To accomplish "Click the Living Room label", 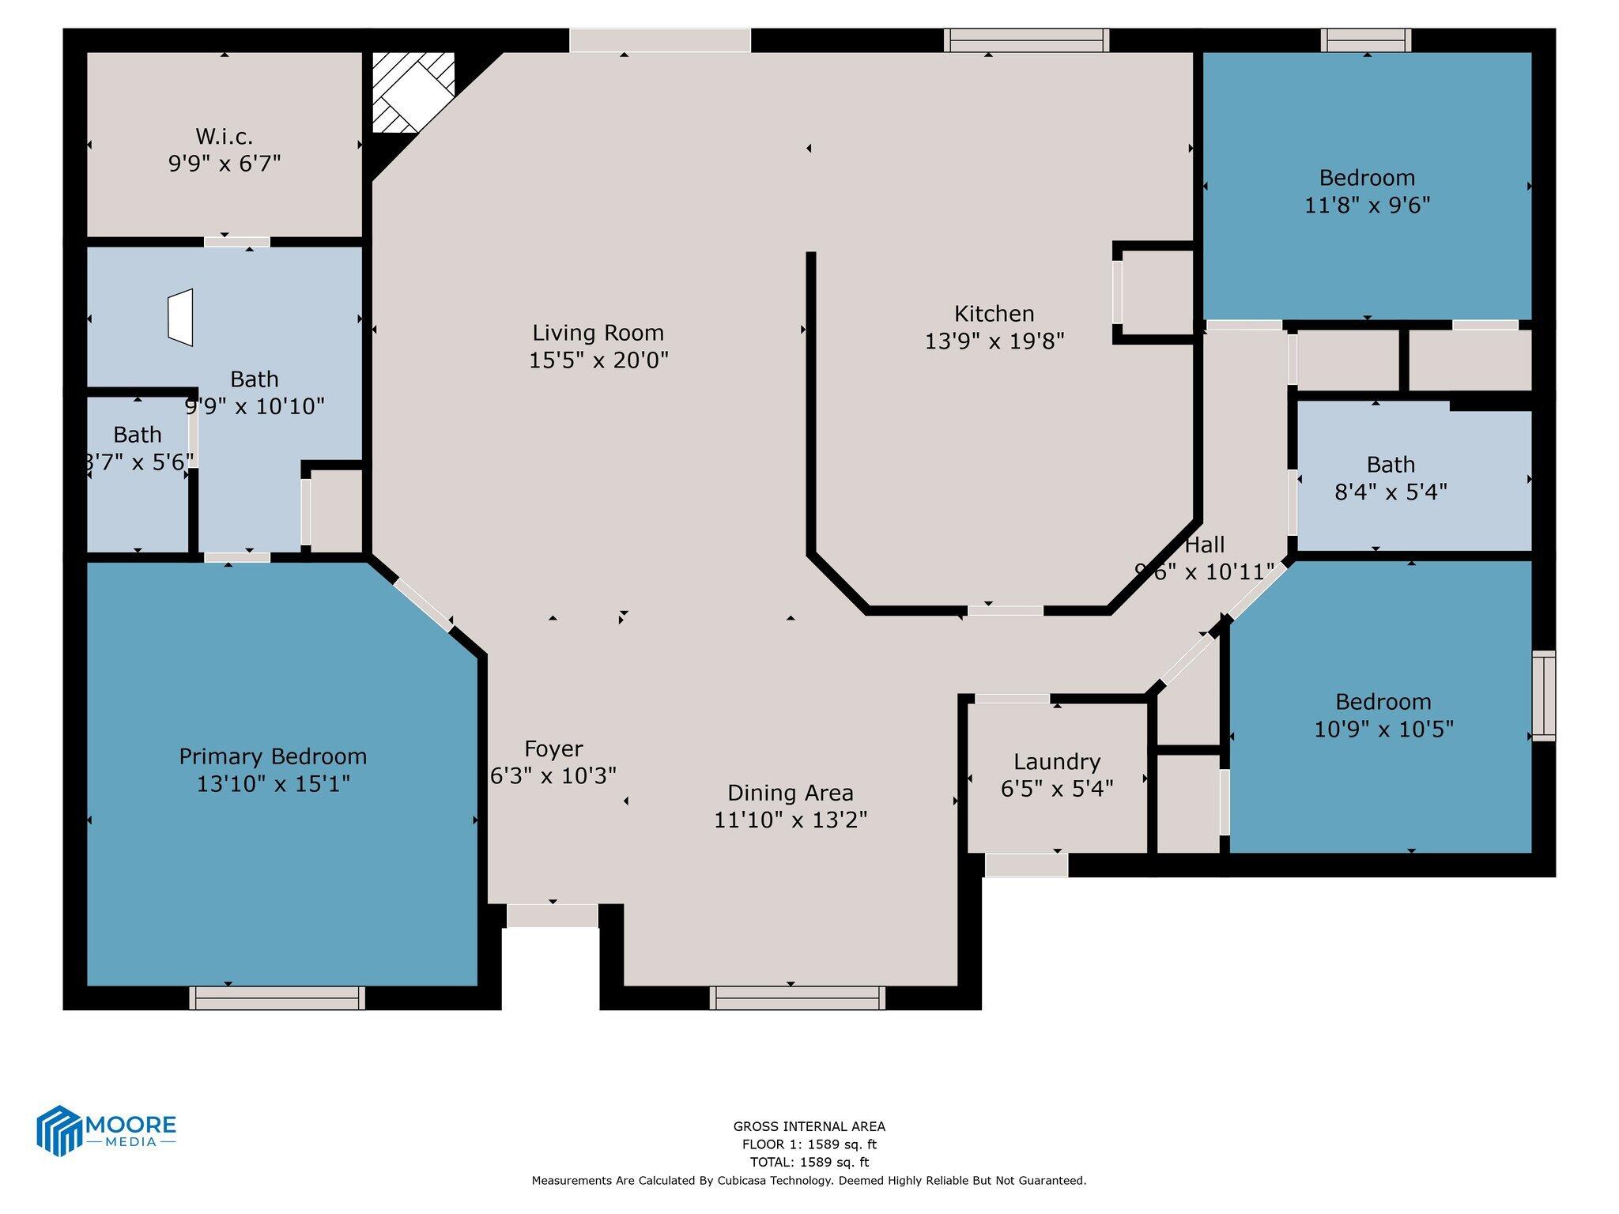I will [x=598, y=333].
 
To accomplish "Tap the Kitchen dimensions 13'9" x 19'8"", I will [x=994, y=341].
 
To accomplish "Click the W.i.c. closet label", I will [x=225, y=137].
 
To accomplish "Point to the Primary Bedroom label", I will [x=273, y=756].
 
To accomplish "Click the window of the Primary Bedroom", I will [x=277, y=997].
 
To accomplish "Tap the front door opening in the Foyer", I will [x=552, y=915].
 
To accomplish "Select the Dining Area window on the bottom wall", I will [x=797, y=997].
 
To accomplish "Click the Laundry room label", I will [x=1057, y=762].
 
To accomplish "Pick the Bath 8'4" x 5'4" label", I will [x=1391, y=465].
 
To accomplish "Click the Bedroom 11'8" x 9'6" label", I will [x=1367, y=178].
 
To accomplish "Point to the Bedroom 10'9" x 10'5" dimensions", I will [x=1383, y=729].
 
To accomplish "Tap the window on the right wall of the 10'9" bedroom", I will [x=1543, y=696].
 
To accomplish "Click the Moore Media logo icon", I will [x=60, y=1129].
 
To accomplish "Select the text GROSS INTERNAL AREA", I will [x=809, y=1126].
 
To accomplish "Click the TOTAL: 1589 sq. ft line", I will [x=809, y=1162].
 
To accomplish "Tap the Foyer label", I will [x=553, y=748].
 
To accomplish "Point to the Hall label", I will [x=1206, y=545].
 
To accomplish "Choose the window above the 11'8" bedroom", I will [x=1366, y=40].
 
